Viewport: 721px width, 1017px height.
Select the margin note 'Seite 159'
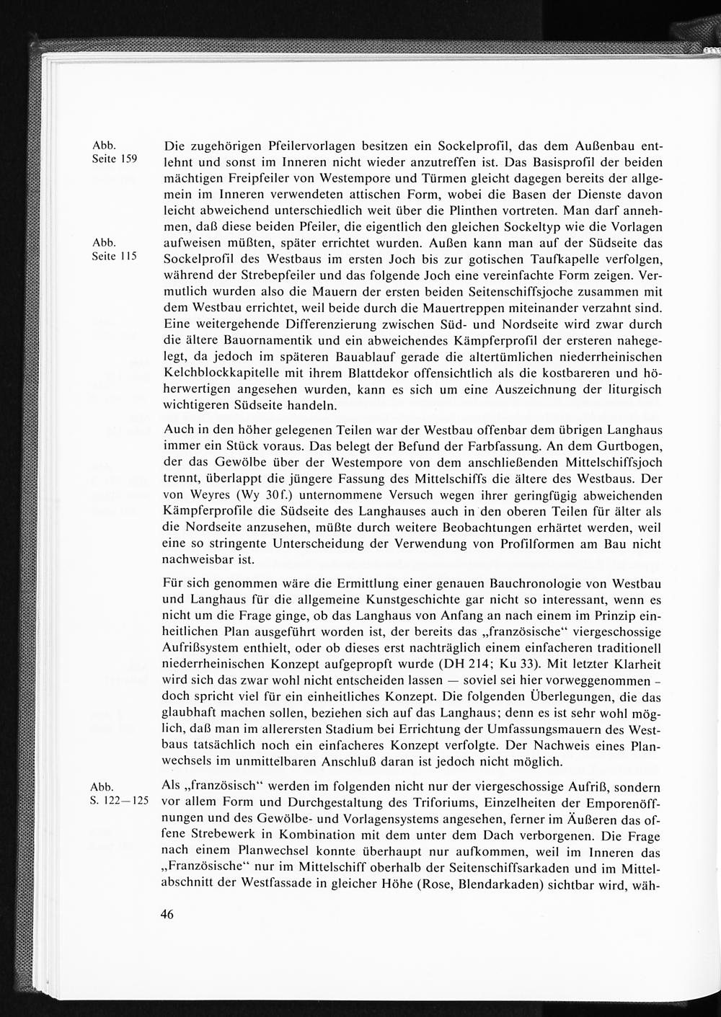click(x=114, y=158)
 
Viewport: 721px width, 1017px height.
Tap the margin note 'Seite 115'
click(x=114, y=256)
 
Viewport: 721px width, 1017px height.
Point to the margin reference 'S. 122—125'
click(x=119, y=801)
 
